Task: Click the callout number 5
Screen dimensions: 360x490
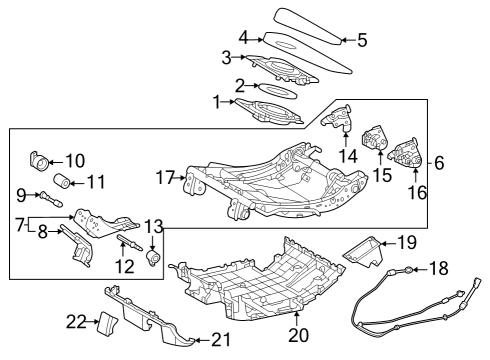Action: pyautogui.click(x=362, y=41)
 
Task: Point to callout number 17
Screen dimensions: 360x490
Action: pyautogui.click(x=165, y=179)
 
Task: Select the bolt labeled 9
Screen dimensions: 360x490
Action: pyautogui.click(x=46, y=196)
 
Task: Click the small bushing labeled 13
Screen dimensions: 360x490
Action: pyautogui.click(x=153, y=259)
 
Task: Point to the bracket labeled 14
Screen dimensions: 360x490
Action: pyautogui.click(x=339, y=122)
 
